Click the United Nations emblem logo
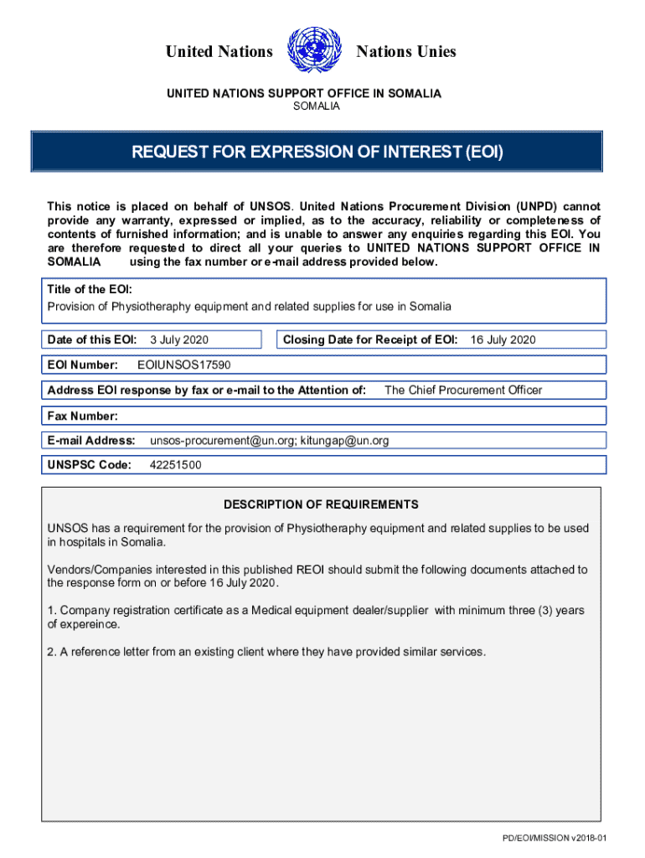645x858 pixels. point(314,52)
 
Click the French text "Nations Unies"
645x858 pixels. point(406,52)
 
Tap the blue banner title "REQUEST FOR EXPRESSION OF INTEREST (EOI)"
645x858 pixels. point(317,152)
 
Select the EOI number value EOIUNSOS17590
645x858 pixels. point(183,364)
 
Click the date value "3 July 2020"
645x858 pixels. point(179,339)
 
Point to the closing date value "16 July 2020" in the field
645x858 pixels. point(503,339)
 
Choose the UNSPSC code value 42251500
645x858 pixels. point(175,465)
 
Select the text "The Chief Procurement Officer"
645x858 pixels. point(463,390)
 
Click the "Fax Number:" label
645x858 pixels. point(82,416)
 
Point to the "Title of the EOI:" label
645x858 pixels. point(89,289)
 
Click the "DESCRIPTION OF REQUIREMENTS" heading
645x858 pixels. point(321,504)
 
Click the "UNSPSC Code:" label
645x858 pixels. point(89,465)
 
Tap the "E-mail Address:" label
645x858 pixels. point(91,440)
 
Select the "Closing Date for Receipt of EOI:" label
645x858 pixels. point(370,339)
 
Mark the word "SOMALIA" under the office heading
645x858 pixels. point(316,106)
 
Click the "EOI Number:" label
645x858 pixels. point(82,364)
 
